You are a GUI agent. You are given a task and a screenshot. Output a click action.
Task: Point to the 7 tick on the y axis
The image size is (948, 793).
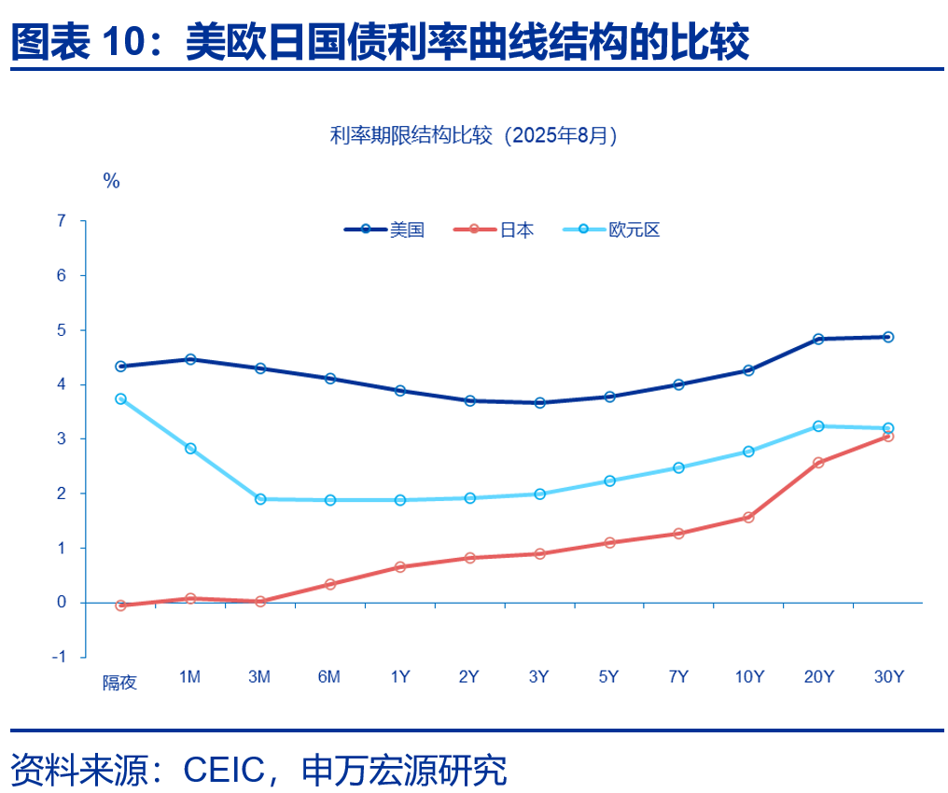tap(63, 221)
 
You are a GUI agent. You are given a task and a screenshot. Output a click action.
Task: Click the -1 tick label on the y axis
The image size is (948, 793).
tap(60, 657)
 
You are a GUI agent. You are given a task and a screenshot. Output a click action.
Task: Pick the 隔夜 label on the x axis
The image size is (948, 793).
tap(119, 683)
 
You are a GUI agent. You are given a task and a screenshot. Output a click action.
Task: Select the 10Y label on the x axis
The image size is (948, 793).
tap(748, 677)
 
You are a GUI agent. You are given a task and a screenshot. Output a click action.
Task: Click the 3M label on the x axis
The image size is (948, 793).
tap(259, 677)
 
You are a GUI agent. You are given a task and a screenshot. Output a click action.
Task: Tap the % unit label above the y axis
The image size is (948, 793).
tap(111, 181)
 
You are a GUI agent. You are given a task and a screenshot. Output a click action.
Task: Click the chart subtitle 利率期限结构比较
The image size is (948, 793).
tap(411, 135)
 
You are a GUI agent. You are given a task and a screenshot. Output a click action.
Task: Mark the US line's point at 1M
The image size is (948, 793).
tap(190, 359)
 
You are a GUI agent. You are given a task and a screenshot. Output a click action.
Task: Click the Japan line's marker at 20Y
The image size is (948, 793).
tap(818, 463)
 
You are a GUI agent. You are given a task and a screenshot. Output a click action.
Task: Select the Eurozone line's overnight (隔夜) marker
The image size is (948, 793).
tap(120, 399)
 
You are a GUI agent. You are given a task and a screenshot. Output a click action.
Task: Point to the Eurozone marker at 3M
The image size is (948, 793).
tap(260, 499)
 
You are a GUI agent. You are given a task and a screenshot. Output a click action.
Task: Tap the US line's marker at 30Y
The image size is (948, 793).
tap(888, 337)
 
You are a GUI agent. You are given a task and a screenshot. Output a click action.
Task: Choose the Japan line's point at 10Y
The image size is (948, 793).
tap(748, 517)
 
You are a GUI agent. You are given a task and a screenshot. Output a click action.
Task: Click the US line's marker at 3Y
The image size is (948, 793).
tap(539, 403)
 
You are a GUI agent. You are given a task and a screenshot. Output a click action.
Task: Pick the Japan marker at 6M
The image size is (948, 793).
tap(330, 584)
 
